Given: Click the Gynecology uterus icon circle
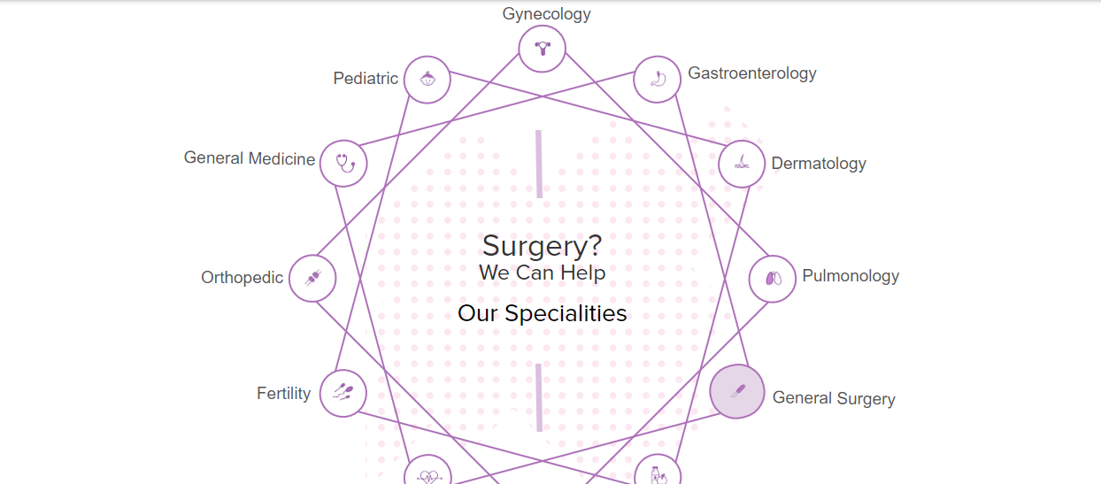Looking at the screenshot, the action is pos(543,49).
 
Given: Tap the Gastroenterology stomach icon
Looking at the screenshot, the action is pos(658,79).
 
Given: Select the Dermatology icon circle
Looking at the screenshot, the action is pos(742,164).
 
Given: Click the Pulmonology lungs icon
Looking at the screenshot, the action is pos(773,279).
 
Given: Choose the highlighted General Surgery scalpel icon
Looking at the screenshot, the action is pos(736,392).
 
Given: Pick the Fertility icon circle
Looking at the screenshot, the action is pos(343,393).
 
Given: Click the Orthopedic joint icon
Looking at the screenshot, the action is pos(312,278).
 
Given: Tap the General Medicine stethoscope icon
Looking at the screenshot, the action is pos(343,163).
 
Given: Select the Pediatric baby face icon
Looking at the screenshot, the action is pos(427,79).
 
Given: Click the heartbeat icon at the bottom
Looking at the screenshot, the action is pos(428,476).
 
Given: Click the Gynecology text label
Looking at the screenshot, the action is pos(546,14).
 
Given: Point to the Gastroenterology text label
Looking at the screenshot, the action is pos(752,73).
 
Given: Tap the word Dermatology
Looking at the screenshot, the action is pos(819,164).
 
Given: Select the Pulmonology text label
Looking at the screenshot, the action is pos(851,276).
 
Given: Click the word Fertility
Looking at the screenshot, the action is pos(283,393).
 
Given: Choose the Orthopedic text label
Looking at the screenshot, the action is pos(242,278).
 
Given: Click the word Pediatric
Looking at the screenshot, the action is pos(366,79).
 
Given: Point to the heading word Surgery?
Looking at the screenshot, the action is pos(543,246).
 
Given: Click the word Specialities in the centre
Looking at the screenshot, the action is pos(566,314).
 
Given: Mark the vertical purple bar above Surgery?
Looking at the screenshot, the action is pos(539,164).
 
